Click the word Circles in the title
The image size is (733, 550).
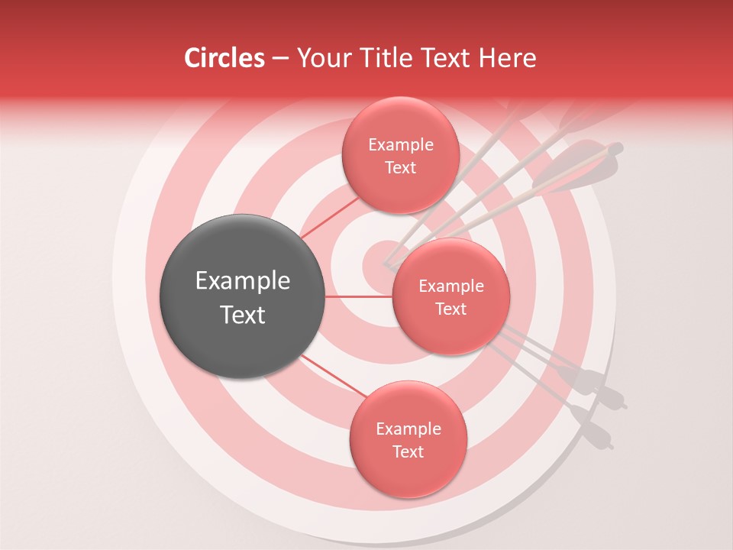point(224,58)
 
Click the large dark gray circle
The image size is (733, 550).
point(243,296)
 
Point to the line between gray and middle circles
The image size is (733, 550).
point(359,296)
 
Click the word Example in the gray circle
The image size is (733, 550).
point(243,281)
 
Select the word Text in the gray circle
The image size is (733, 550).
point(243,315)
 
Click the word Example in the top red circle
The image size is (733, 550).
point(400,145)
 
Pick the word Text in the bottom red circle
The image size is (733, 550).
point(408,451)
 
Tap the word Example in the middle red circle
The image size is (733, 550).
point(450,286)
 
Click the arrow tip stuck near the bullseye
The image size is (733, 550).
point(387,267)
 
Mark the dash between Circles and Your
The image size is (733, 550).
point(279,58)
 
